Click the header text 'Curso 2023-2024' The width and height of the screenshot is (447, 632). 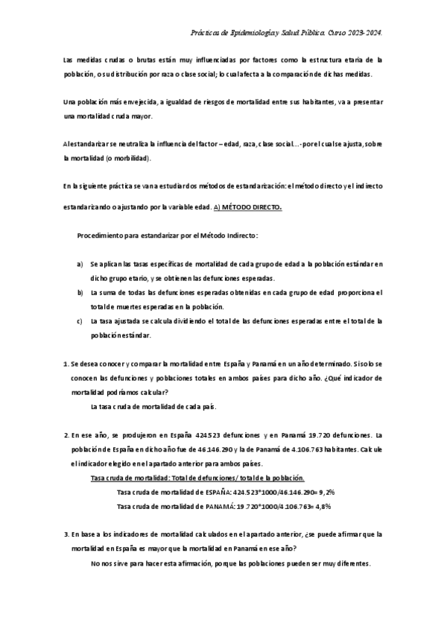point(358,33)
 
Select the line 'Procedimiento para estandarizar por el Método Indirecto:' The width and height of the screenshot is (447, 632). point(168,236)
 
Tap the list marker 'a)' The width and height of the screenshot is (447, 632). point(80,264)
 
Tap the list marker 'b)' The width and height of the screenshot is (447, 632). point(80,292)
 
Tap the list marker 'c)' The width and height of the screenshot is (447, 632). point(80,321)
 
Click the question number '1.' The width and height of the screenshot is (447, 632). point(66,364)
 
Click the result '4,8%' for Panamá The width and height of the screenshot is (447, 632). point(321,506)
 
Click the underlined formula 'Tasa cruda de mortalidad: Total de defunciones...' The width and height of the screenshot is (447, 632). point(197,478)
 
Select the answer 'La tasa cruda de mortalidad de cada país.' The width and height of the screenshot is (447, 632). point(153,406)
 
